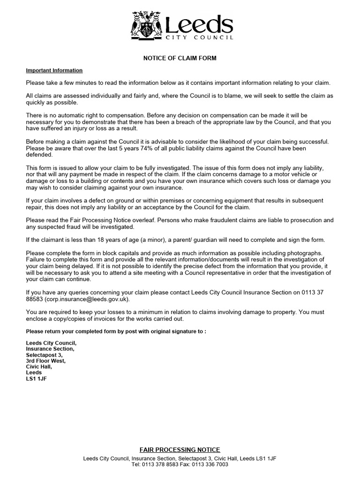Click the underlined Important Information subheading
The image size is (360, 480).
(54, 70)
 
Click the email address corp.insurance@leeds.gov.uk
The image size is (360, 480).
(87, 299)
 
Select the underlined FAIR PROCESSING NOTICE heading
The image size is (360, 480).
(180, 450)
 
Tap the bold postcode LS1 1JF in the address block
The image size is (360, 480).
(37, 379)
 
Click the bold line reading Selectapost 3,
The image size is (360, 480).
(43, 355)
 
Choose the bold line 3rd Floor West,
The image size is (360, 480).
(45, 361)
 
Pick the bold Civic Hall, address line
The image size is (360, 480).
(39, 367)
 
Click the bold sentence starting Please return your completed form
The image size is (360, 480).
(116, 331)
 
